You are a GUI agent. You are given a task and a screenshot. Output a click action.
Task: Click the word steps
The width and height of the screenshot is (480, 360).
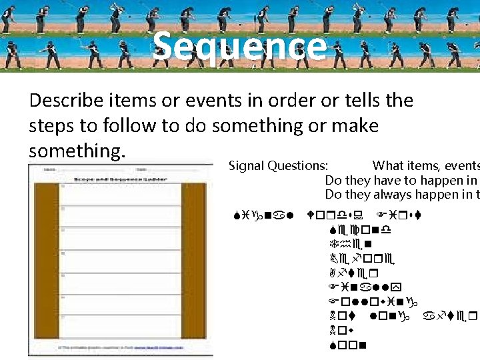pyautogui.click(x=54, y=126)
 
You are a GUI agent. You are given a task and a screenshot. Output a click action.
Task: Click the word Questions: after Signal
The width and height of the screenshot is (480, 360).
pyautogui.click(x=299, y=166)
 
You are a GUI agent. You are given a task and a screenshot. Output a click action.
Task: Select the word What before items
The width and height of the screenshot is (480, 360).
pyautogui.click(x=388, y=166)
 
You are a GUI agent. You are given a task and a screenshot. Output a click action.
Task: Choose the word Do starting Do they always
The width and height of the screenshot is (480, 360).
pyautogui.click(x=332, y=194)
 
